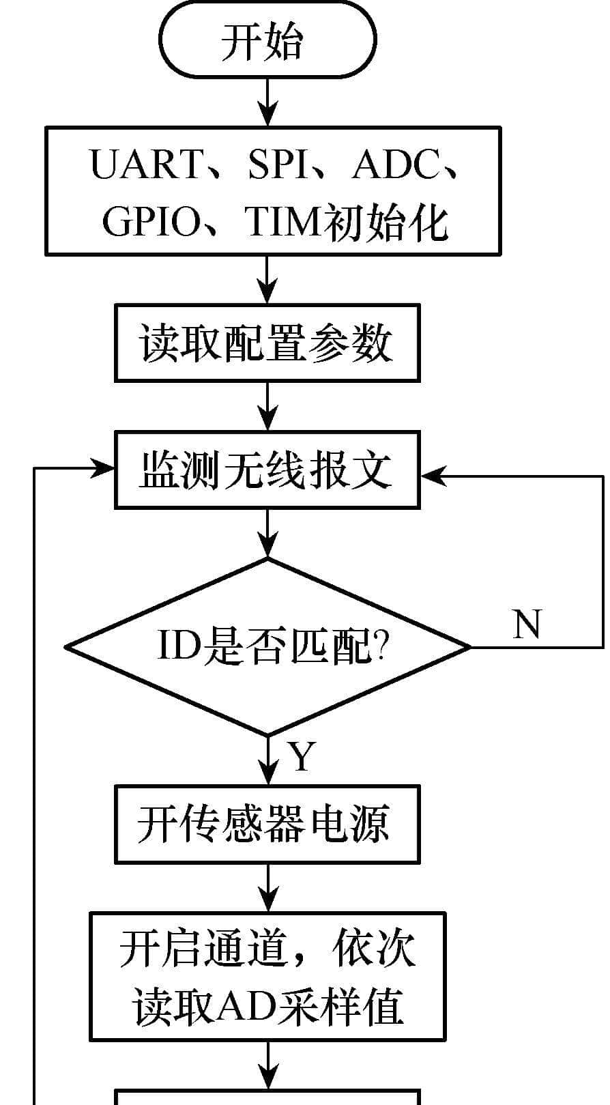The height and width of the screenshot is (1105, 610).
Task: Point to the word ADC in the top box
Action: pos(395,164)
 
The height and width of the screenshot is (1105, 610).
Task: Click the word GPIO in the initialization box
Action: pos(151,221)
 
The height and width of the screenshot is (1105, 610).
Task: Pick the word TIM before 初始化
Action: pos(282,221)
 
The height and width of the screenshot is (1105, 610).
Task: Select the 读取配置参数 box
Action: pos(267,343)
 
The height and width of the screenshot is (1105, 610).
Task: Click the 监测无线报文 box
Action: pos(267,470)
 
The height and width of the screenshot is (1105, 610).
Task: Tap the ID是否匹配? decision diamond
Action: pos(267,646)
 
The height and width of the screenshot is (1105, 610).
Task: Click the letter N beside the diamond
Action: pos(526,624)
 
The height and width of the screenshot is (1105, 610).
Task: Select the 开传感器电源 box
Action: pos(267,824)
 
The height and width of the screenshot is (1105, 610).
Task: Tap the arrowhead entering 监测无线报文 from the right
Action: pos(433,476)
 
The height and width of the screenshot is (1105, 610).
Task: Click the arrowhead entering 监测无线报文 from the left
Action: pos(104,468)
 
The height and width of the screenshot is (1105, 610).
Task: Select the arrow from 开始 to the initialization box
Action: pos(268,102)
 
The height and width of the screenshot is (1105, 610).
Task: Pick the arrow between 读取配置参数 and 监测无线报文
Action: pos(268,406)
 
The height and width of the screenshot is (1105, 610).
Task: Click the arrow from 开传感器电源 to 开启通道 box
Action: pos(268,888)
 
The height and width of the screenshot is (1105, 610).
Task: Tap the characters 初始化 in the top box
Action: pos(386,221)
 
